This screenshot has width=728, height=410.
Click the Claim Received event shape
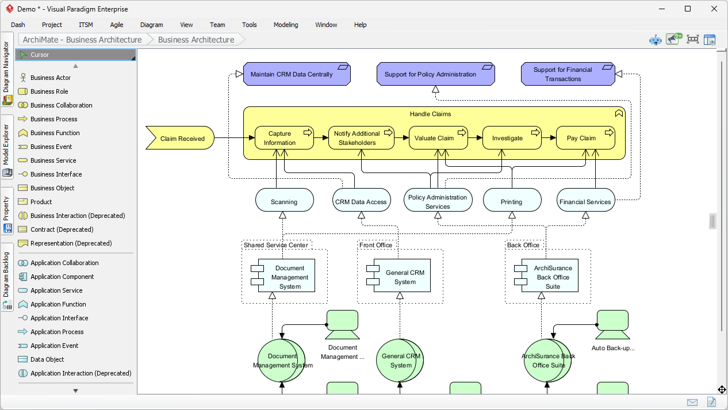(x=180, y=139)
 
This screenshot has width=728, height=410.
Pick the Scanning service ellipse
(x=284, y=202)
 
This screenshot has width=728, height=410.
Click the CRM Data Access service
(x=361, y=202)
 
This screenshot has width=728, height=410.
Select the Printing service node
(x=511, y=202)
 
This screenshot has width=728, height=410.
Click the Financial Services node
(x=585, y=202)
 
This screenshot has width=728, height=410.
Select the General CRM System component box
(x=401, y=277)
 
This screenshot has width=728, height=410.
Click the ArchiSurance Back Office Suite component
(x=549, y=277)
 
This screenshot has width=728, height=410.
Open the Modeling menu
(x=286, y=25)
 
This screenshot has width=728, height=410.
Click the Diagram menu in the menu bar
(x=151, y=25)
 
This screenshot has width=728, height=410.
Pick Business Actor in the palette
(x=51, y=78)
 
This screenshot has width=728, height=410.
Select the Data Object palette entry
(x=47, y=359)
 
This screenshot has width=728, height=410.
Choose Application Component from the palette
(x=62, y=277)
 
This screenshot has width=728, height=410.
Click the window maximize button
(x=688, y=9)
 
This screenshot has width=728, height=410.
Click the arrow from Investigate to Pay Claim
(x=548, y=138)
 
